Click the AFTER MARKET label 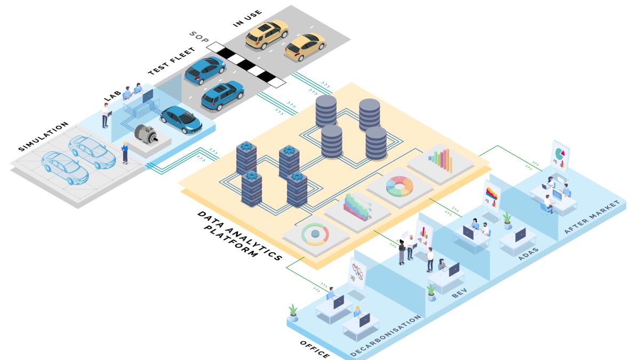click(592, 217)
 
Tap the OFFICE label click(314, 349)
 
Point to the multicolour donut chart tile click(399, 186)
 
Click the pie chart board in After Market click(559, 155)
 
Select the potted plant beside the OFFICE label click(293, 312)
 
